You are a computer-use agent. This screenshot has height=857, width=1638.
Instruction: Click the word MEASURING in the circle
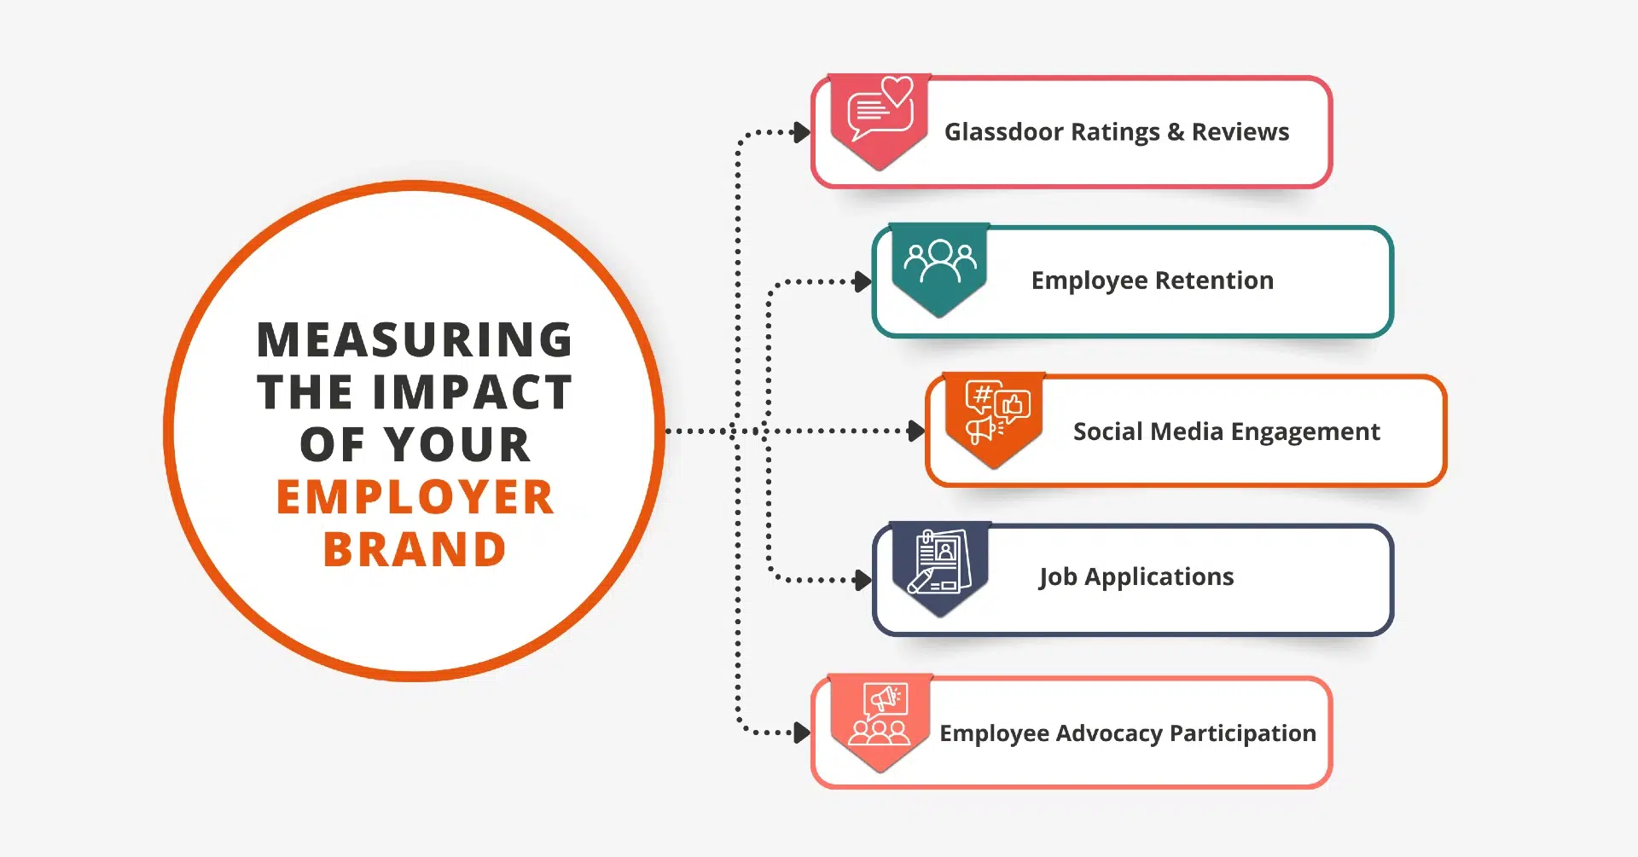point(415,339)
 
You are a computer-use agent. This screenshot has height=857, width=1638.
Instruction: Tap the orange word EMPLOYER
point(415,497)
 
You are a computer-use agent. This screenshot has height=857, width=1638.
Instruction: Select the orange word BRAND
point(415,549)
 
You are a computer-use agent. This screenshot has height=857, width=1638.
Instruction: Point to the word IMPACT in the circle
point(483,392)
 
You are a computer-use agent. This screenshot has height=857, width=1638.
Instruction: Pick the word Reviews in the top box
point(1240,132)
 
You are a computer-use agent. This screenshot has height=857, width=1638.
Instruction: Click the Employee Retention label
point(1153,281)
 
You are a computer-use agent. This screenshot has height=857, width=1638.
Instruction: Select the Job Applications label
point(1136,577)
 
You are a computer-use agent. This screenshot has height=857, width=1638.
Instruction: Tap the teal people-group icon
point(940,261)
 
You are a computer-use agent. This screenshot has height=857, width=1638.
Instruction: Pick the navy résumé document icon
point(939,561)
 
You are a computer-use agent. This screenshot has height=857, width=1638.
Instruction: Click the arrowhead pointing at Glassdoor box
point(802,132)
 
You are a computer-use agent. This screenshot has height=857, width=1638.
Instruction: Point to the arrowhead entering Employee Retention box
point(863,281)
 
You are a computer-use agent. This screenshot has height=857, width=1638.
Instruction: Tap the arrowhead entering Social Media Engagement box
point(917,431)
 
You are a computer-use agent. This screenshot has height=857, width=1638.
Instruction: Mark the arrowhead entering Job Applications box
point(863,580)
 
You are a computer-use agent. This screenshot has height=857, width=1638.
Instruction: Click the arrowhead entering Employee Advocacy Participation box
point(802,733)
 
